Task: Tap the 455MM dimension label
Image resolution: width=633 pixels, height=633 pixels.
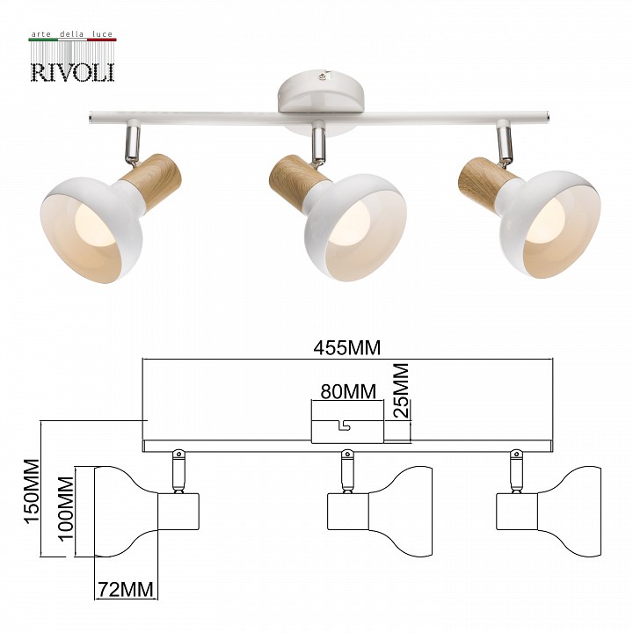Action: coord(346,348)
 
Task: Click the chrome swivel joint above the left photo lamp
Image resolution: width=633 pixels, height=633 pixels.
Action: coord(131,138)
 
